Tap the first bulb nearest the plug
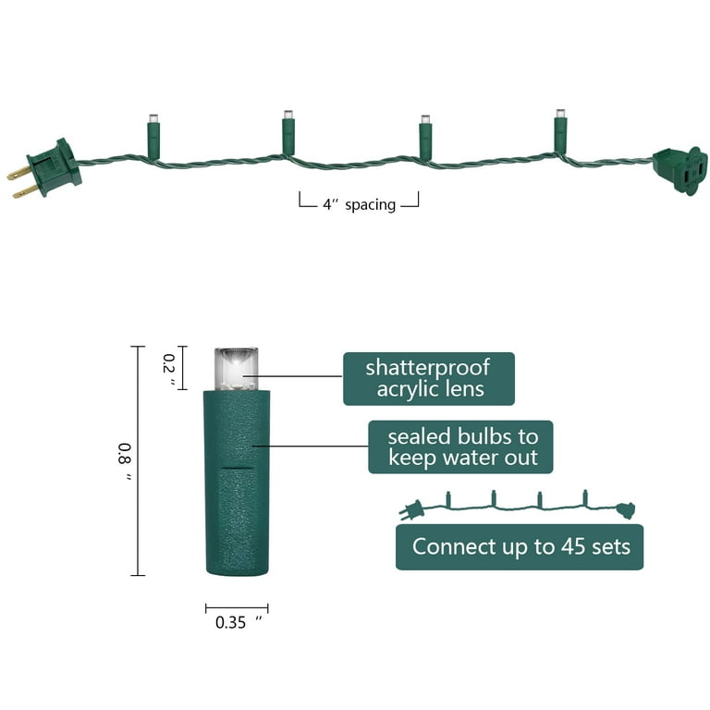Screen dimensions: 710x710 153,137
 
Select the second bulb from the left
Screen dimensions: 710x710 288,134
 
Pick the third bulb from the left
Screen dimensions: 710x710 424,138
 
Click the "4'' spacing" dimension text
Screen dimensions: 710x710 359,204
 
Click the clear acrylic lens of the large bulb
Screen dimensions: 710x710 236,368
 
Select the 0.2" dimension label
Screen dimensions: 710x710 169,367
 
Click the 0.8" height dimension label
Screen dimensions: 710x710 125,461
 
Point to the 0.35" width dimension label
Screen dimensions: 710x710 238,622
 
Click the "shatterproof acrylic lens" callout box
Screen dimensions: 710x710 428,378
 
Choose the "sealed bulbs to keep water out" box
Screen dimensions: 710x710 459,447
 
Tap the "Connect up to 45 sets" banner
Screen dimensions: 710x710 520,546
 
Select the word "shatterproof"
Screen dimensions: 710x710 428,367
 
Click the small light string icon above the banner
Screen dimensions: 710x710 518,505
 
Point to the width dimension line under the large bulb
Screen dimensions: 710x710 237,607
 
